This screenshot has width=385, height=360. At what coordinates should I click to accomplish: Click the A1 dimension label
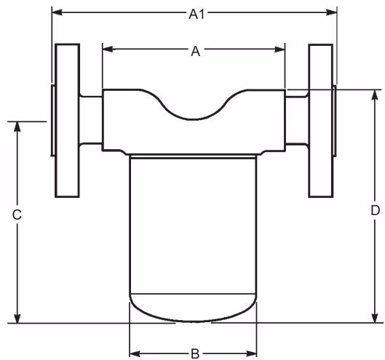click(x=197, y=15)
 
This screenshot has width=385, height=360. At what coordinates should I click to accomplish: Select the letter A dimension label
click(x=196, y=52)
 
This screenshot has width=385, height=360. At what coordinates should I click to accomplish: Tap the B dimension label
click(x=195, y=354)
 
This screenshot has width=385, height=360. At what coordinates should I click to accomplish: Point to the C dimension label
click(x=17, y=215)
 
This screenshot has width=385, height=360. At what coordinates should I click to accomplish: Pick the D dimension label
click(x=375, y=210)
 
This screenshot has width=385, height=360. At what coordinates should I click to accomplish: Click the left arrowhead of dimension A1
click(x=57, y=12)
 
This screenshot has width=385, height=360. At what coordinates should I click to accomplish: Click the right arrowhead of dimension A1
click(x=331, y=12)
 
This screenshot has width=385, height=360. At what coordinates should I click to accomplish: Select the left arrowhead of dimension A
click(x=108, y=49)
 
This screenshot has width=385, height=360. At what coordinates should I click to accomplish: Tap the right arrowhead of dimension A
click(x=279, y=49)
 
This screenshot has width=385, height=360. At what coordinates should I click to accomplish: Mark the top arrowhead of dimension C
click(x=17, y=127)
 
